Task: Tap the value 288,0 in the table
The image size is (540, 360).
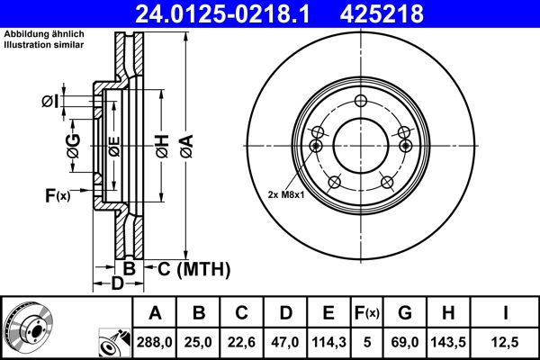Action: tap(155, 341)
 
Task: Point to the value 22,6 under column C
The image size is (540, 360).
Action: tap(242, 341)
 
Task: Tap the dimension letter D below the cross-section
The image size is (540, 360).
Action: tap(117, 284)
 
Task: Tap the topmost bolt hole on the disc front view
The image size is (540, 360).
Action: tap(361, 101)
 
